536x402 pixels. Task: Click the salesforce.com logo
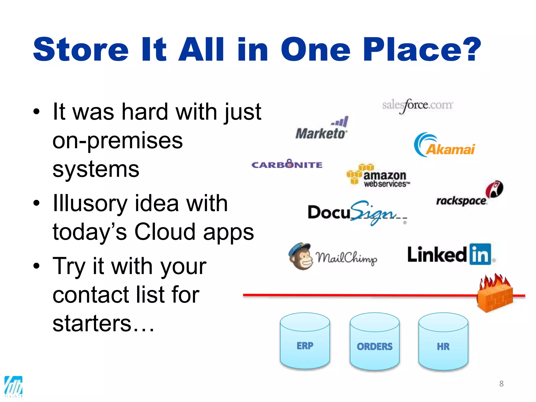click(x=417, y=105)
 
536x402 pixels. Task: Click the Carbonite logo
click(x=287, y=164)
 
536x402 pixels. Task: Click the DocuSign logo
click(x=357, y=213)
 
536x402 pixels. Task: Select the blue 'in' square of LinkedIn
click(x=480, y=254)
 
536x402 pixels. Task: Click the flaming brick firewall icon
click(x=494, y=294)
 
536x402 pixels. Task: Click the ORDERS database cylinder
click(x=375, y=342)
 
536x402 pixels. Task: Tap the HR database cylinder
click(x=443, y=342)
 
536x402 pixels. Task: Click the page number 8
click(x=501, y=383)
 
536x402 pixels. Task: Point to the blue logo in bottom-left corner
click(x=13, y=386)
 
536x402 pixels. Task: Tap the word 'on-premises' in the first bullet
click(x=118, y=141)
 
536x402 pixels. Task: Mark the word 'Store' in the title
click(x=81, y=50)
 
